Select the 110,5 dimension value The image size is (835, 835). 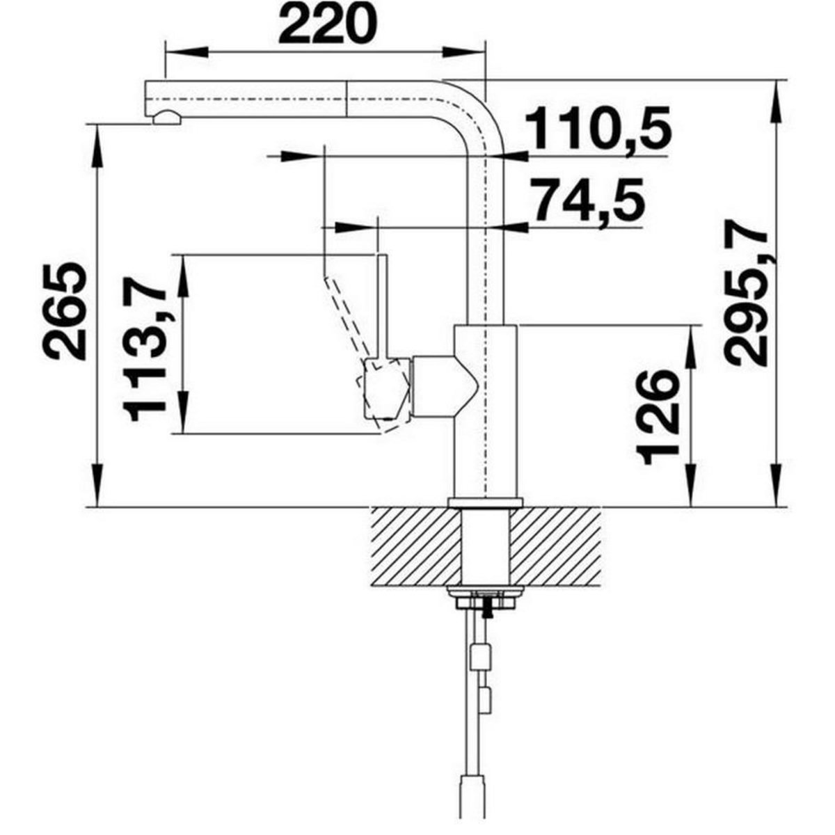pos(598,129)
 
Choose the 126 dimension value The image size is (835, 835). pos(658,416)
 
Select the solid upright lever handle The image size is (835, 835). pos(381,306)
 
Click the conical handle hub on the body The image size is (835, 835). pos(445,383)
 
